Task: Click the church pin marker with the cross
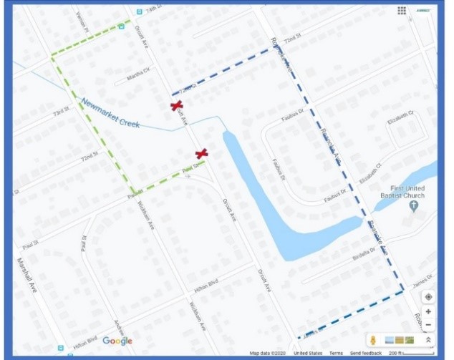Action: pyautogui.click(x=413, y=206)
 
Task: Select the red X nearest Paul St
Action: pyautogui.click(x=201, y=153)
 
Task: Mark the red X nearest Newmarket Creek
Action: pyautogui.click(x=176, y=106)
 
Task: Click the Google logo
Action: pyautogui.click(x=117, y=341)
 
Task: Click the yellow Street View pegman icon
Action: pyautogui.click(x=374, y=340)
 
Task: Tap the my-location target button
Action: pyautogui.click(x=428, y=296)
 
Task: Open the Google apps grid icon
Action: pyautogui.click(x=402, y=11)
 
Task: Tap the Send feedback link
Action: pyautogui.click(x=365, y=354)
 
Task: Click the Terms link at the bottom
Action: pyautogui.click(x=336, y=354)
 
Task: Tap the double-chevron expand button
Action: pyautogui.click(x=428, y=340)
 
